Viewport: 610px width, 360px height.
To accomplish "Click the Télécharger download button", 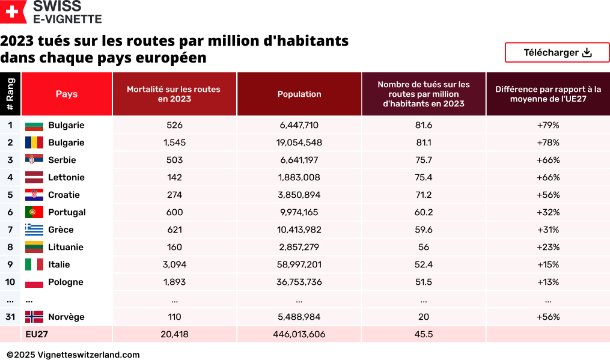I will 557,53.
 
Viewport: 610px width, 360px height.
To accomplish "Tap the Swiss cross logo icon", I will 14,11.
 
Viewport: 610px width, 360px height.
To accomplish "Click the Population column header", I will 299,94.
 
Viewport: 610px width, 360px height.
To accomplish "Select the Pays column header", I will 67,94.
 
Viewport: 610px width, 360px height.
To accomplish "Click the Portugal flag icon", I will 34,212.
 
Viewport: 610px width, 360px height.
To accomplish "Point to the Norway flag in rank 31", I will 34,317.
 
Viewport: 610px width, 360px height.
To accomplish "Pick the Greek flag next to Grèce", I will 34,230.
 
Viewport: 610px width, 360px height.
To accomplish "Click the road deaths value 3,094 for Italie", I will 174,264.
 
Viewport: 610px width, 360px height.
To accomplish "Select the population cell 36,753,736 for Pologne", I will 299,282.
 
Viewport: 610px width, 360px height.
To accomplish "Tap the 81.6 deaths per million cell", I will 424,125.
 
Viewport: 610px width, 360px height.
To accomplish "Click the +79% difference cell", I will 548,125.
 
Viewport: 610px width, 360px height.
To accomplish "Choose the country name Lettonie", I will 66,177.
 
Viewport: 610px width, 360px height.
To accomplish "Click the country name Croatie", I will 64,195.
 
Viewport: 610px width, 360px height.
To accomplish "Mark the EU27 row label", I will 37,334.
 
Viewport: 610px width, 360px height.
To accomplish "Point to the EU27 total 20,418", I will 174,334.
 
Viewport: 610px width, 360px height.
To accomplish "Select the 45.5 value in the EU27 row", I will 424,334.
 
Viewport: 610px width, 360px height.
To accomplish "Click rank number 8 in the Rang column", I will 10,247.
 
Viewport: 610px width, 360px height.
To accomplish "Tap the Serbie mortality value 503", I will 174,160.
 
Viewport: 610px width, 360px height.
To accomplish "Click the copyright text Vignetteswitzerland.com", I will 73,355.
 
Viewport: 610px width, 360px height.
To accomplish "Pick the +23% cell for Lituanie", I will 548,247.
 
